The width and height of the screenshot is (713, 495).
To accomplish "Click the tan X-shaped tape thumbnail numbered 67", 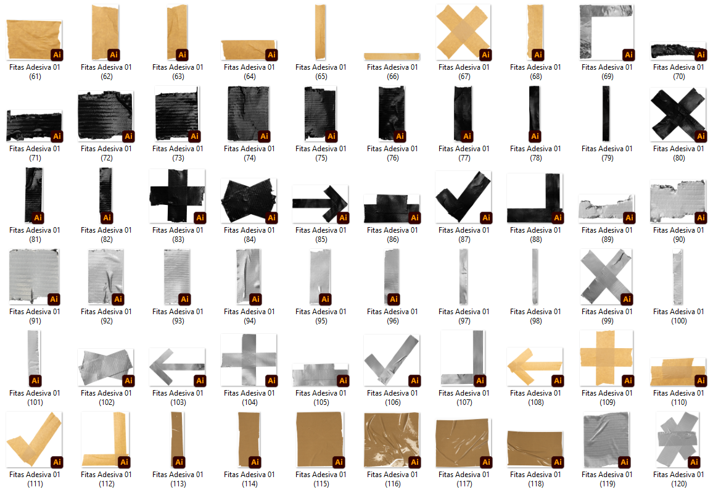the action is point(463,32).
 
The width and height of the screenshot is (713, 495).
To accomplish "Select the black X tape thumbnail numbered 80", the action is point(678,114).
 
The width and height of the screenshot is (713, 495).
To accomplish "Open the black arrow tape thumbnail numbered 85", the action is point(320,204).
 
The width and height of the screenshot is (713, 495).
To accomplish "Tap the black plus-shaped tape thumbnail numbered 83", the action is point(177,196).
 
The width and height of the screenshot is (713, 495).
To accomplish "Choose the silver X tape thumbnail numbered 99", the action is point(606,277).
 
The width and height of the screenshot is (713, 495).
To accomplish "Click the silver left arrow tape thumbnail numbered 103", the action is point(177,367).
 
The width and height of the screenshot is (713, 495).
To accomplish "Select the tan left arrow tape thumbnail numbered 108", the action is point(535,367).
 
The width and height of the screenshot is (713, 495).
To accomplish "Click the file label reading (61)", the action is point(35,77).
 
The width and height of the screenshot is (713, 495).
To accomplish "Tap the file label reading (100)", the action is point(679,321).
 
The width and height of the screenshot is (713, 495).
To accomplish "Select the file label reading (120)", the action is point(679,484).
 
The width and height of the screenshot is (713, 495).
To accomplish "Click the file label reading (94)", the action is point(250,321).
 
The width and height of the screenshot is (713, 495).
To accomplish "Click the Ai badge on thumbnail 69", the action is point(629,54).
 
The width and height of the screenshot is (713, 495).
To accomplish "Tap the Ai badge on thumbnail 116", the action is point(414,462).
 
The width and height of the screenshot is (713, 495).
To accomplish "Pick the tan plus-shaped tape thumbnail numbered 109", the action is point(606,358).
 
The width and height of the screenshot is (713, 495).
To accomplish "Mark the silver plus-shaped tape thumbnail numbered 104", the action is point(249,360).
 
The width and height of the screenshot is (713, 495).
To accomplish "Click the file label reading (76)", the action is point(393,158).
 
